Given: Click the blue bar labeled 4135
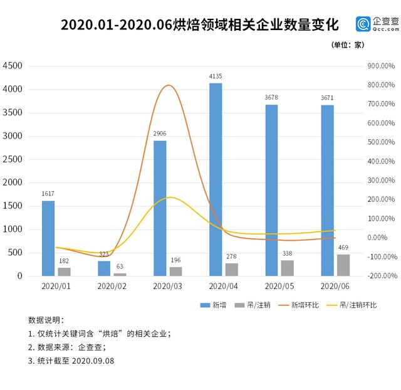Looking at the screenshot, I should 216,179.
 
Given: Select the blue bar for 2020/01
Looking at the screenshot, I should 48,238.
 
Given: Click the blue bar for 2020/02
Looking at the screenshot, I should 104,268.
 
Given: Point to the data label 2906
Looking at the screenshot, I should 160,134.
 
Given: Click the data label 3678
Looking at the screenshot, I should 271,98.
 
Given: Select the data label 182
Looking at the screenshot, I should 65,260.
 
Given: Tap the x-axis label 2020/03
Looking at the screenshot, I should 166,286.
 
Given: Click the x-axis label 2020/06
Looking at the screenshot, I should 334,286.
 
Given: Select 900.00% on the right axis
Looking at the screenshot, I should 380,66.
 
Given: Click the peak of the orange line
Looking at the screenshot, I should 168,85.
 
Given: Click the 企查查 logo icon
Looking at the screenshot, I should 363,24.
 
